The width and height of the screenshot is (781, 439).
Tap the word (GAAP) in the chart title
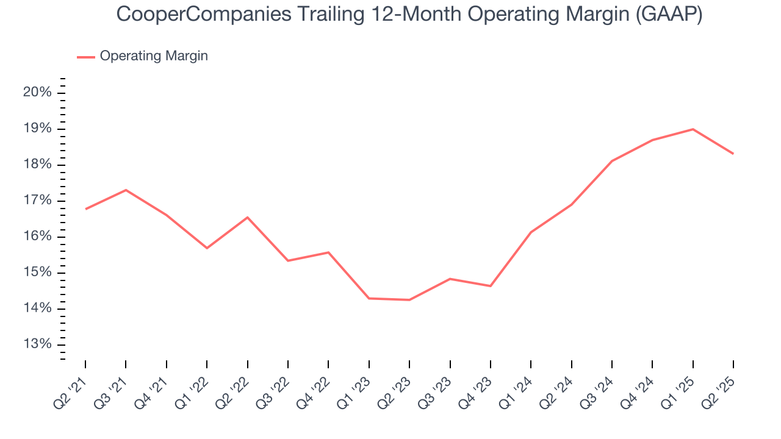point(669,15)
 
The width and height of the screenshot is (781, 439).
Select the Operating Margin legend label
point(154,56)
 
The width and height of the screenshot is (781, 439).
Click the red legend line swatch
point(86,57)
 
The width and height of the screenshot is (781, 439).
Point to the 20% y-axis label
point(38,93)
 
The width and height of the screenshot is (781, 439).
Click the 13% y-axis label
point(38,344)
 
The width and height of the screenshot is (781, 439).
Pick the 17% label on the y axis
point(38,201)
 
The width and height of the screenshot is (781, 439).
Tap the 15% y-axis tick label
point(38,273)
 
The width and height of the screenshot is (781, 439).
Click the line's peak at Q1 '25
point(693,129)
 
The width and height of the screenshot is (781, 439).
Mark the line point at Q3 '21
point(126,190)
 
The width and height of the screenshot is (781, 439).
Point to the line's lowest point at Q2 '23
point(409,300)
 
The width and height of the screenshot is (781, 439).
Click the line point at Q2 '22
point(247,217)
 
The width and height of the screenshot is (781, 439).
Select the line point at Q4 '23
point(491,286)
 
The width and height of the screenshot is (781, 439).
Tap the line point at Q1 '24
point(531,232)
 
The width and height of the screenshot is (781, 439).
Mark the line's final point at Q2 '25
point(733,154)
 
